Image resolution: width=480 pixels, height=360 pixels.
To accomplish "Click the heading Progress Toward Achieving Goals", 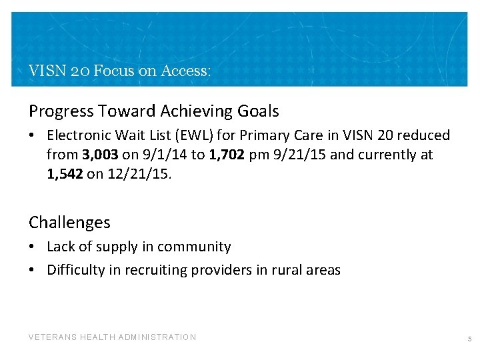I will tap(153, 111).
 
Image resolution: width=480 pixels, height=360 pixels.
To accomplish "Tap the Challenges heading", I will tap(69, 223).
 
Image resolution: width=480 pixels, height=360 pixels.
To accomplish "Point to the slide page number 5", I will tap(469, 339).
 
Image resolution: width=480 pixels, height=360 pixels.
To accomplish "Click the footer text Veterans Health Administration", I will tap(112, 337).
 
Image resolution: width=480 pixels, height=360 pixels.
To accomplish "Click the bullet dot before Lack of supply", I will tap(32, 247).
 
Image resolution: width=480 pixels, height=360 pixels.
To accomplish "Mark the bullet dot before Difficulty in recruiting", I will tap(32, 271).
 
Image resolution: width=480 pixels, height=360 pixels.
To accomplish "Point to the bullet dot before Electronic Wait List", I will tap(32, 136).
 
